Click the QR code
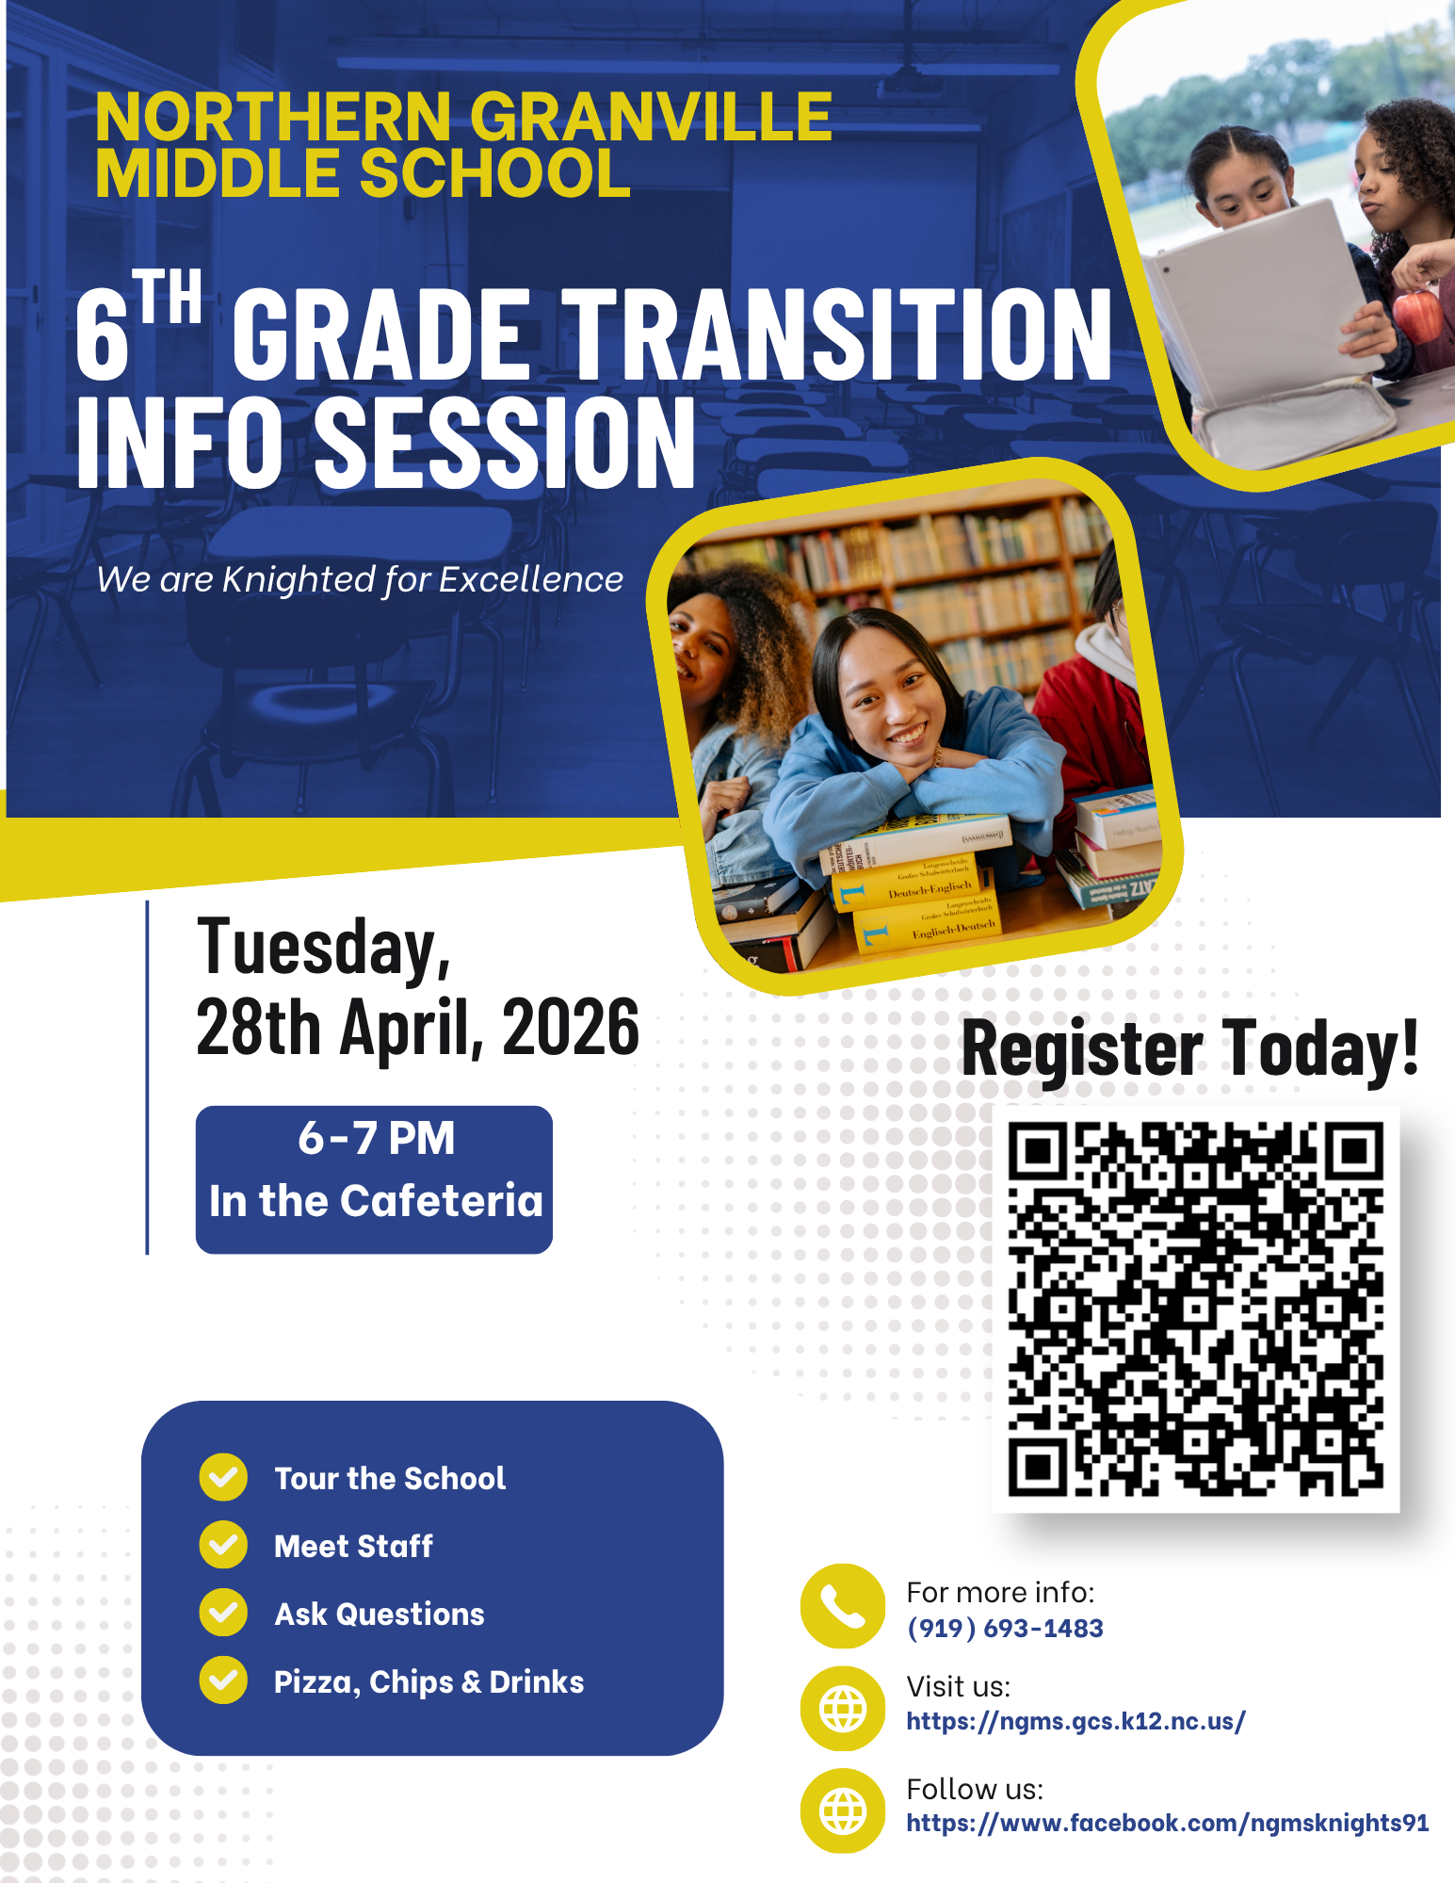pos(1195,1308)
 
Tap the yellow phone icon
pos(842,1606)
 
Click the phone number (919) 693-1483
pos(1005,1628)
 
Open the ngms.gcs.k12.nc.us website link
pos(1075,1721)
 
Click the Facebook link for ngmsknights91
pos(1168,1823)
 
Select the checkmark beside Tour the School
pos(223,1477)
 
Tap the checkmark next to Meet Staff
pos(223,1545)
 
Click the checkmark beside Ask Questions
pos(223,1613)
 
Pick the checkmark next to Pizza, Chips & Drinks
pos(223,1680)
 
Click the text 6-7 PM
pos(377,1138)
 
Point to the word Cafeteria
pos(442,1201)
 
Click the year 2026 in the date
pos(571,1027)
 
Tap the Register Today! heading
pos(1189,1049)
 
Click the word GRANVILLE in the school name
pos(651,117)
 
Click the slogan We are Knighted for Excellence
pos(360,580)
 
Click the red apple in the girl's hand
pos(1419,316)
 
